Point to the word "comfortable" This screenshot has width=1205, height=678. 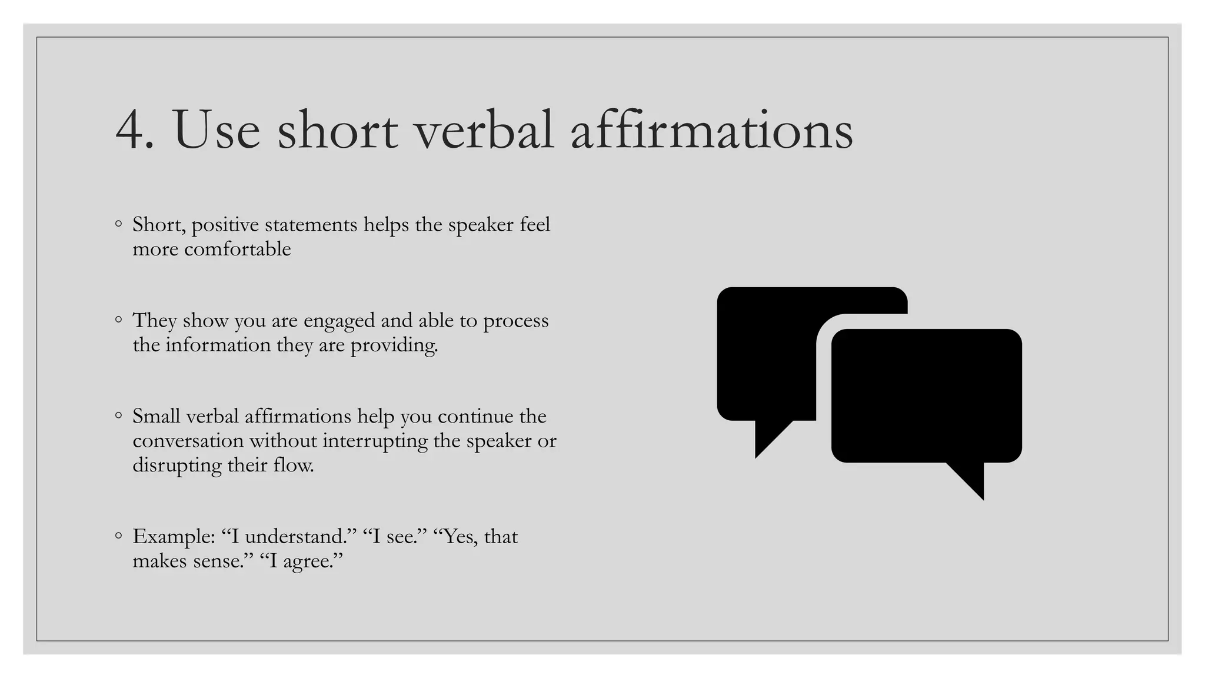237,249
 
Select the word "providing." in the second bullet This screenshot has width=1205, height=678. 394,345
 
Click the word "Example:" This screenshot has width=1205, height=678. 174,537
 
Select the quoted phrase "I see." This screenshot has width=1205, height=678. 395,537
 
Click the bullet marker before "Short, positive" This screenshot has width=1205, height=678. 118,224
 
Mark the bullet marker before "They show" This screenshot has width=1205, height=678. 118,320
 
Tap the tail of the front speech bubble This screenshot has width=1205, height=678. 970,479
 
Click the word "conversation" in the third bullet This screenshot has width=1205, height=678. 188,441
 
